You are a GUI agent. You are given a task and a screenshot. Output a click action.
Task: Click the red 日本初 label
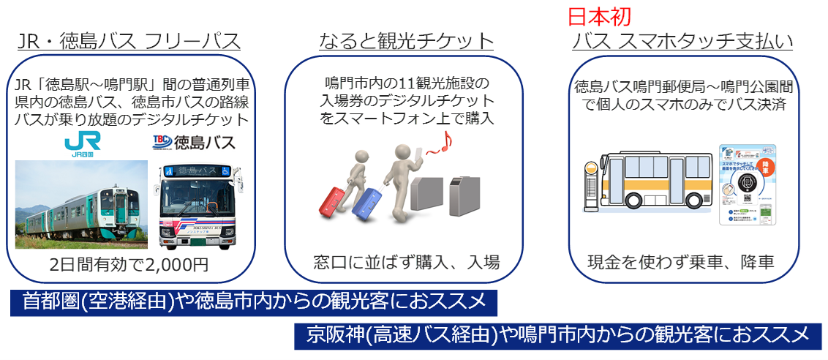(x=599, y=16)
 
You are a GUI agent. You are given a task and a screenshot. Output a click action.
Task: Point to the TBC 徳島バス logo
(x=193, y=142)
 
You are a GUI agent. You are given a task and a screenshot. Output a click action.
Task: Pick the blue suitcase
(x=368, y=203)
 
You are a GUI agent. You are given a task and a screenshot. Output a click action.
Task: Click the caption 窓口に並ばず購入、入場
(x=406, y=261)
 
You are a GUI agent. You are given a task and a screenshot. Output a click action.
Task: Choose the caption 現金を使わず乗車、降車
(x=681, y=261)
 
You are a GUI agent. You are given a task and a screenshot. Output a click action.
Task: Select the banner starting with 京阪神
(x=560, y=336)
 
